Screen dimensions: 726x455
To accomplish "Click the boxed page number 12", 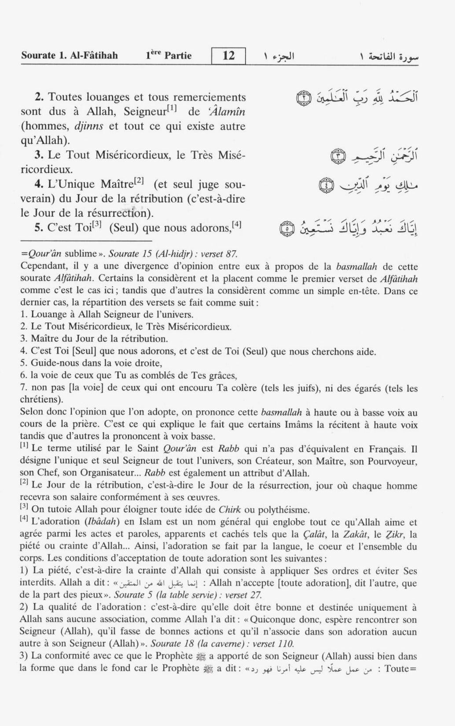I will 228,56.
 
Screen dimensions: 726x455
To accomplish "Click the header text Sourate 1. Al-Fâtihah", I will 70,56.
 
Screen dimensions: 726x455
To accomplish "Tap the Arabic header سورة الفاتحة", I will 389,56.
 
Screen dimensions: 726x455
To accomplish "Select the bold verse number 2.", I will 38,97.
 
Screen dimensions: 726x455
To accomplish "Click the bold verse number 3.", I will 38,155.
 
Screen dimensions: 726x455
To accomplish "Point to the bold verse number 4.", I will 38,184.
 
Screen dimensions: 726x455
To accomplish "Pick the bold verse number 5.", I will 38,228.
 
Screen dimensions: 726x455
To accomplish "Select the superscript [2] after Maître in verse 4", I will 139,180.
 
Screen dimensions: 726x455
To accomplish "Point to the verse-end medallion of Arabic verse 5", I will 286,229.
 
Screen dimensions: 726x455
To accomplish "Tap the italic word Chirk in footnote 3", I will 230,510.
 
